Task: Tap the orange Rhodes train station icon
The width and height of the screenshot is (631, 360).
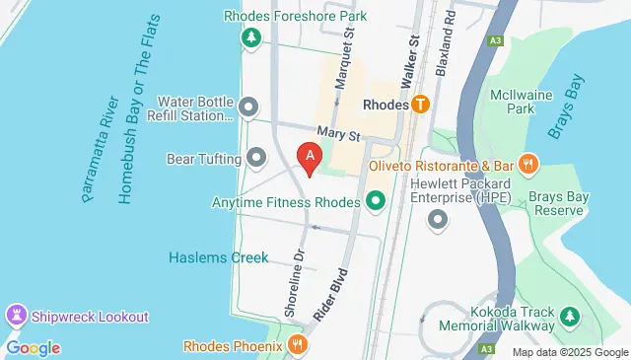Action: pos(422,104)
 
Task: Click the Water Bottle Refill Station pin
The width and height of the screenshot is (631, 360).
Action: pos(247,107)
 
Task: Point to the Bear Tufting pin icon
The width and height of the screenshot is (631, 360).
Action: pos(257,158)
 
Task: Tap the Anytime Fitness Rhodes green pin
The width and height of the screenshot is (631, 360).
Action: pos(375,203)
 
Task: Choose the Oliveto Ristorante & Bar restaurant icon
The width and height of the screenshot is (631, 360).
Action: pos(528,166)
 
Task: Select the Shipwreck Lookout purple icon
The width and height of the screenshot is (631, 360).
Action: pos(16,317)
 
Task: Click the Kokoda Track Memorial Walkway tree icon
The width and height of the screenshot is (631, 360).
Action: pos(569,317)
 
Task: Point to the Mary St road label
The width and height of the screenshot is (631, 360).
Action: pos(333,131)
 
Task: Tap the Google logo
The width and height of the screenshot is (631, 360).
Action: pos(33,347)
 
